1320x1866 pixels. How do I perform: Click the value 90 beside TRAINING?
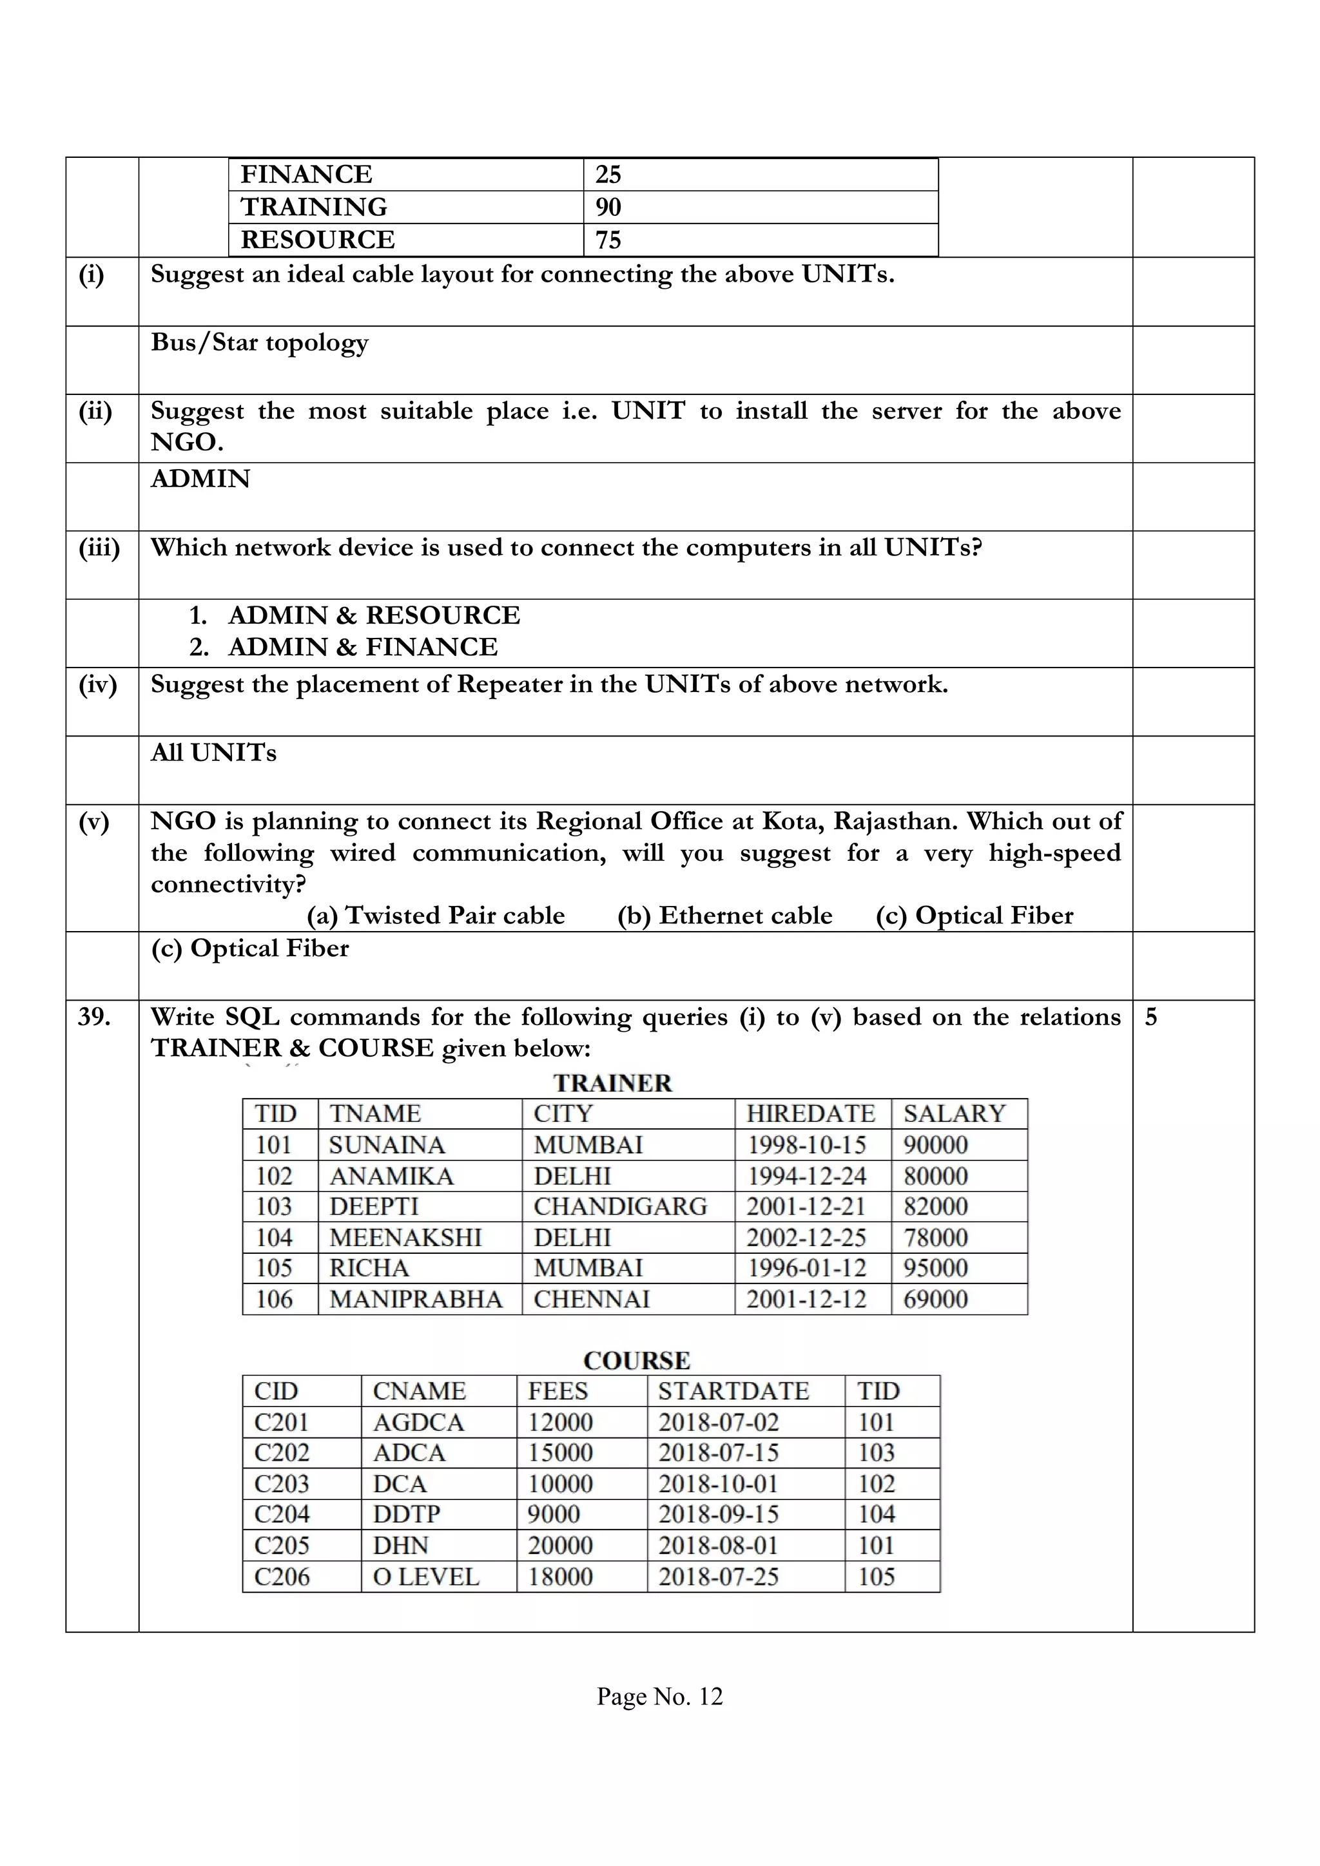pos(608,207)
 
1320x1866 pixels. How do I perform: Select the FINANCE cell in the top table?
pos(306,175)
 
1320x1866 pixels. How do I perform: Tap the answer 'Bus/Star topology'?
pos(259,343)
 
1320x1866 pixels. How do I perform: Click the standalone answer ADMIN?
pos(200,479)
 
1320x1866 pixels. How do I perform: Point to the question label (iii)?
pos(99,548)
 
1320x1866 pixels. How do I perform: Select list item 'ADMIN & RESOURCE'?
pos(374,615)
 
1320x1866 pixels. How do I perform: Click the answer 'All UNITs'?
pos(214,753)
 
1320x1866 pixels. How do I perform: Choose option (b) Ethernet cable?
pos(724,916)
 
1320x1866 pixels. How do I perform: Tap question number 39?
pos(94,1017)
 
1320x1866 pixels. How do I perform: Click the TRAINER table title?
pos(613,1083)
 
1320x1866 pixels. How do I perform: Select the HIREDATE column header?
pos(810,1113)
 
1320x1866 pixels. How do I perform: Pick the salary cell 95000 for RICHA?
pos(936,1268)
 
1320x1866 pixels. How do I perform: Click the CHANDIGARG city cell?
pos(620,1206)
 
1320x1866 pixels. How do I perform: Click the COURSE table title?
pos(636,1360)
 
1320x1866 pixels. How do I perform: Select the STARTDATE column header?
pos(733,1390)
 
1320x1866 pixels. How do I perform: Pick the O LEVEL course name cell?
pos(426,1577)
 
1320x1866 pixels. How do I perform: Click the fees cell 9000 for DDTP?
pos(554,1514)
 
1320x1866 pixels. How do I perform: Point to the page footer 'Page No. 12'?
pos(659,1696)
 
